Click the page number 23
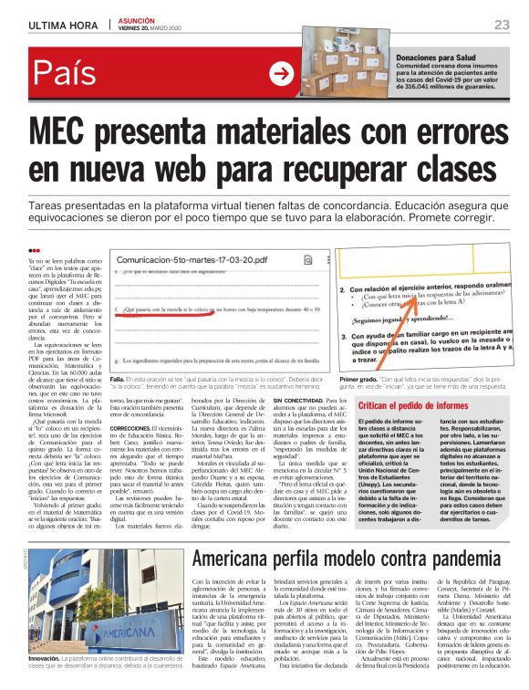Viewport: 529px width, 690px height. pos(502,24)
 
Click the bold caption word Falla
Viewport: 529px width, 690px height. pos(116,377)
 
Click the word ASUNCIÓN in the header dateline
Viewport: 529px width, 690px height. pos(137,20)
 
